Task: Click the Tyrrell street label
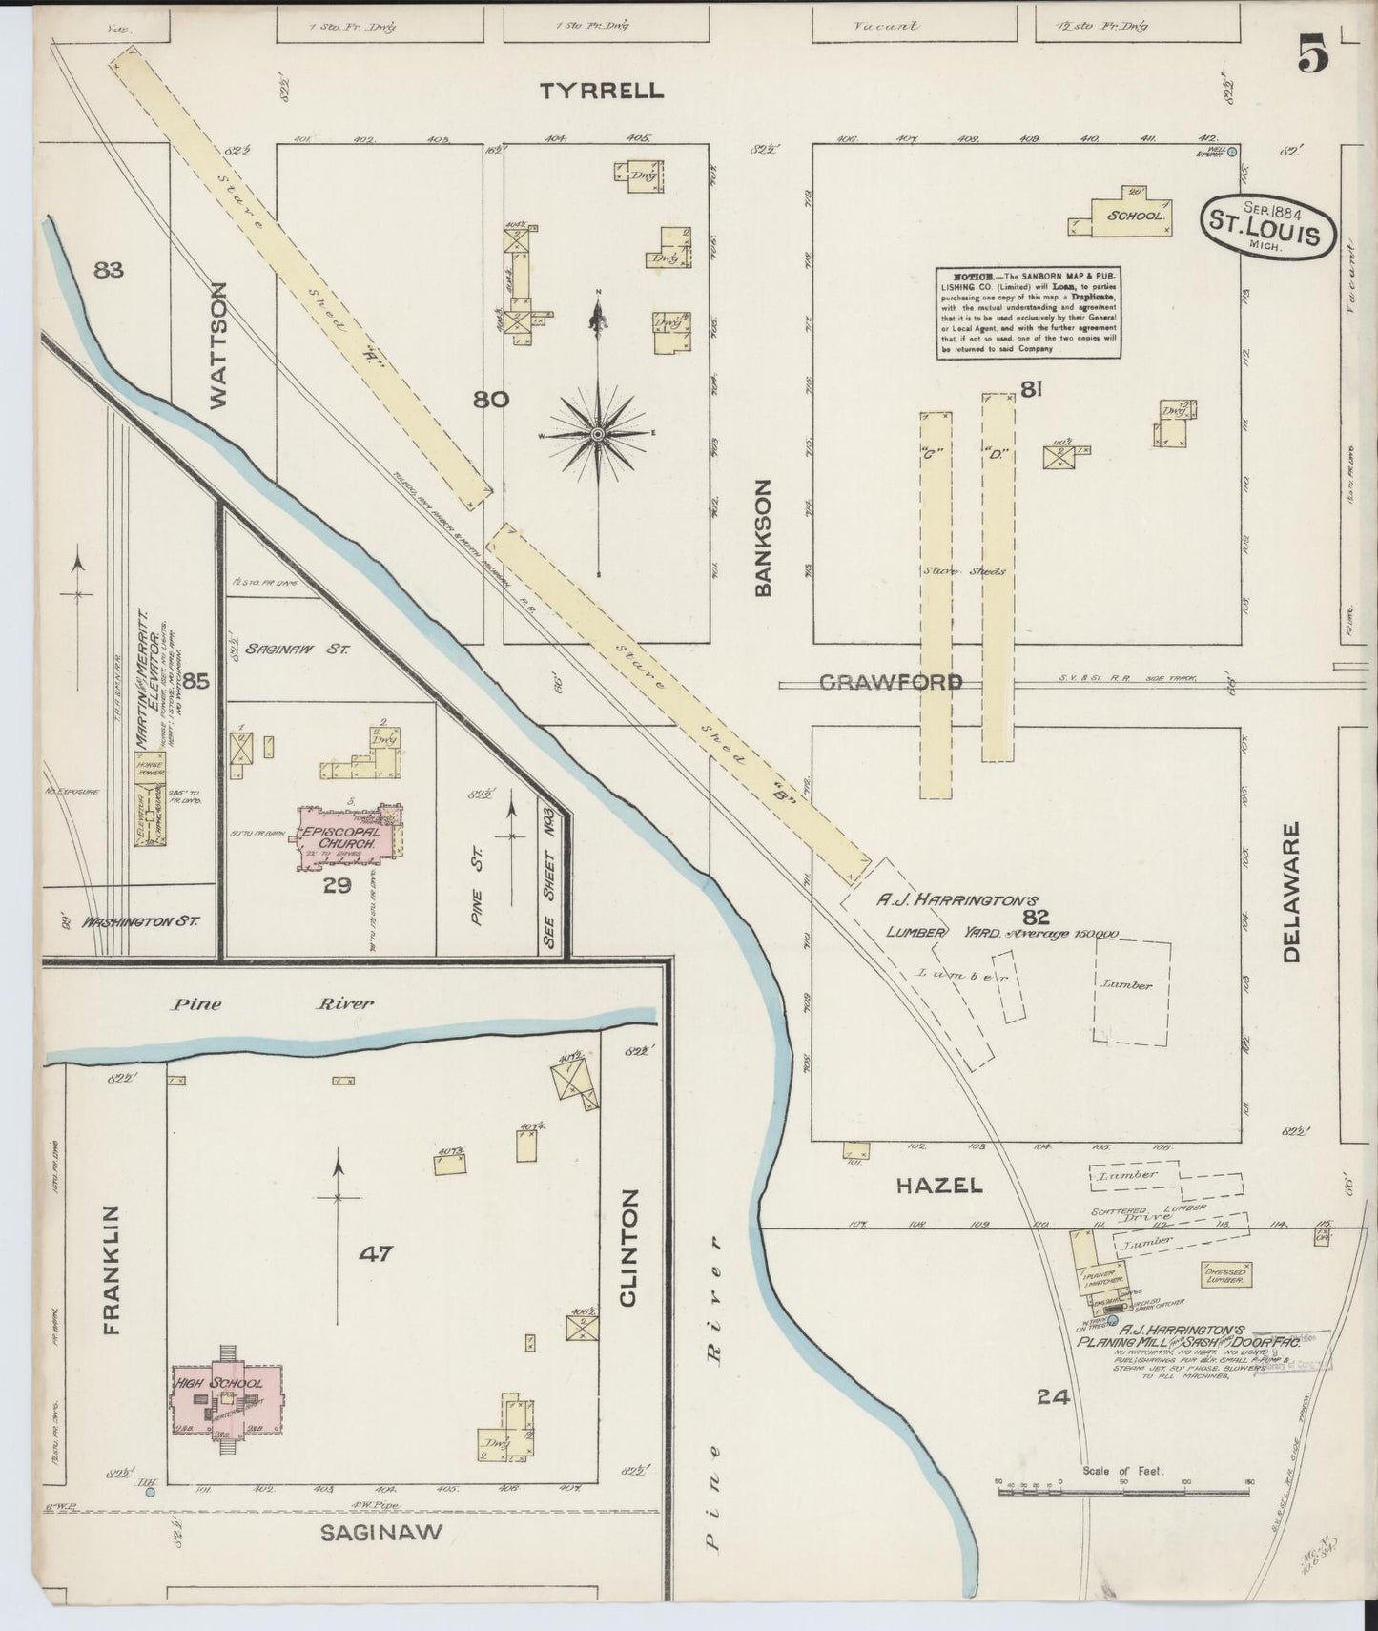point(601,92)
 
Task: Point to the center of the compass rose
point(597,434)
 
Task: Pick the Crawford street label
point(891,683)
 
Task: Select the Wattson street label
point(218,344)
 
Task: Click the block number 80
point(491,400)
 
